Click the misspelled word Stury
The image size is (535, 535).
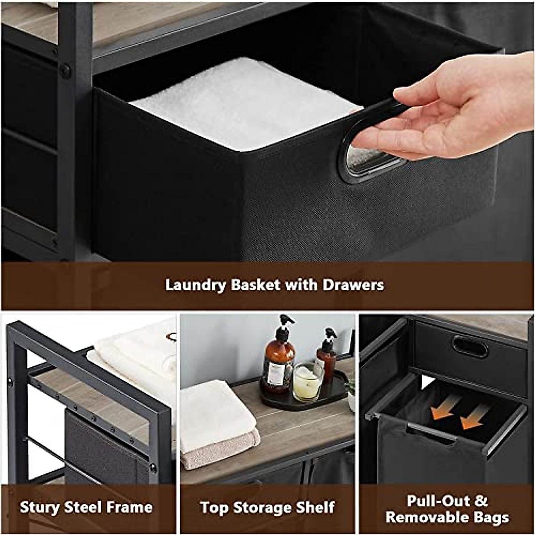click(40, 507)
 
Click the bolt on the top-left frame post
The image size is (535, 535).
click(66, 70)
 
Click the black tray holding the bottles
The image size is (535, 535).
click(308, 397)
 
